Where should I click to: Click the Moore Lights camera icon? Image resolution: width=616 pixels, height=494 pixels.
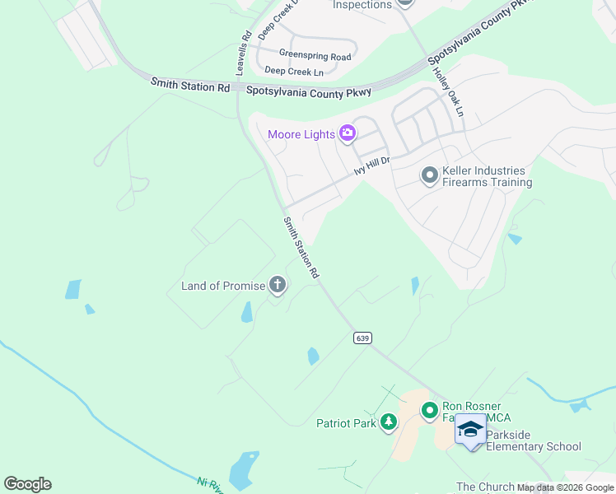[x=348, y=133]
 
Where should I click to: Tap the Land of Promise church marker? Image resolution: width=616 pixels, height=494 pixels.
[x=278, y=286]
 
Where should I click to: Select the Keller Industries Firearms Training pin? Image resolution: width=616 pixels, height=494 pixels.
[x=428, y=175]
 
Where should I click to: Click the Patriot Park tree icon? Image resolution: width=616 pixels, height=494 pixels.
[x=389, y=423]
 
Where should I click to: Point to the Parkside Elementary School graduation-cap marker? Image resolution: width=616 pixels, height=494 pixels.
[x=470, y=429]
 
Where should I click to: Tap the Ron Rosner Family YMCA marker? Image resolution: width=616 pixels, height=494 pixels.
[x=429, y=409]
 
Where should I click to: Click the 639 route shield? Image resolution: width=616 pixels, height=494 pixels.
[x=362, y=338]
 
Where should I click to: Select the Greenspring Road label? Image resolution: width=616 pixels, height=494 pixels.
[x=315, y=55]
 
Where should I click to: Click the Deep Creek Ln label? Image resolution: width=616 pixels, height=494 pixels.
[x=293, y=72]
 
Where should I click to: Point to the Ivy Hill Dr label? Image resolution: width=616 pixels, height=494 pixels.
[x=371, y=165]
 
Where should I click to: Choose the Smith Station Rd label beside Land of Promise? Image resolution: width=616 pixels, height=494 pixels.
[x=301, y=248]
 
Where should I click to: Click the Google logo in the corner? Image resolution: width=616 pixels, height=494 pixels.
[x=27, y=484]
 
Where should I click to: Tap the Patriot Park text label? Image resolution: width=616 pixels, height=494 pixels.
[x=346, y=424]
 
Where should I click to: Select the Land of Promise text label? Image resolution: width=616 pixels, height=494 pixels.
[x=223, y=287]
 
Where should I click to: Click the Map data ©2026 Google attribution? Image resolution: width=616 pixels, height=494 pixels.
[x=565, y=487]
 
